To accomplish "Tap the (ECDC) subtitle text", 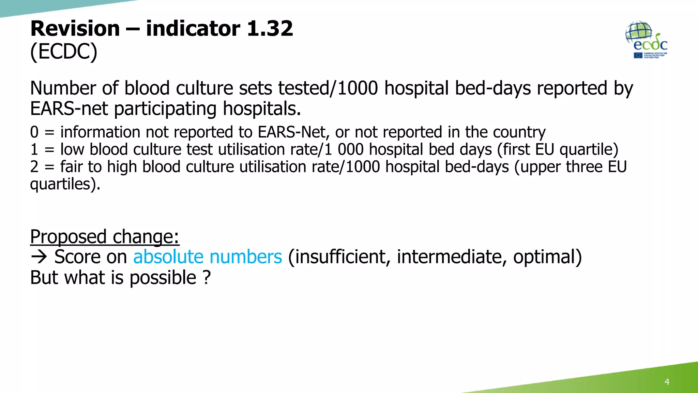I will click(x=64, y=52).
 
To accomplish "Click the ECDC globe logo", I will click(x=646, y=40).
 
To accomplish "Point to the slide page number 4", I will click(x=667, y=382).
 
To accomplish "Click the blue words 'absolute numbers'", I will click(x=208, y=257).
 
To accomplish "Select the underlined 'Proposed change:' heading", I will click(x=105, y=236).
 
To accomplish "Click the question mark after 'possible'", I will click(x=207, y=277).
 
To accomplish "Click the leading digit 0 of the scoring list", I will click(x=34, y=132).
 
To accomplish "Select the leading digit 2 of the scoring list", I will click(x=34, y=167).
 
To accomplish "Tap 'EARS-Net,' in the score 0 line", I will click(x=293, y=132).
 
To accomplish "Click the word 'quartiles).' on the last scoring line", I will click(x=65, y=185).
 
